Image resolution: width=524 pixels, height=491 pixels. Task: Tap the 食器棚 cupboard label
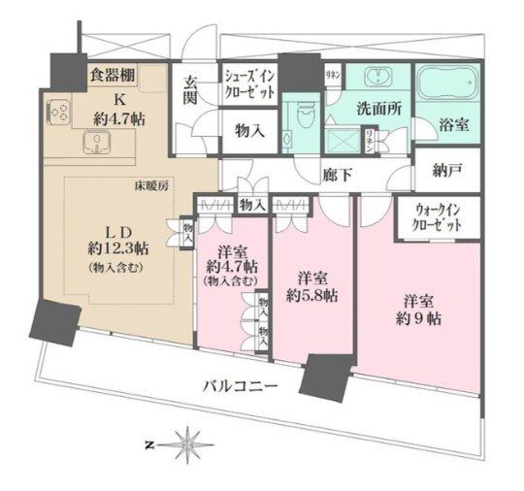(x=113, y=72)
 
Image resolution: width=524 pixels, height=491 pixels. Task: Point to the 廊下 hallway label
(x=337, y=177)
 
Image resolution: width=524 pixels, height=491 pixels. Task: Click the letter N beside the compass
(x=148, y=445)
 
